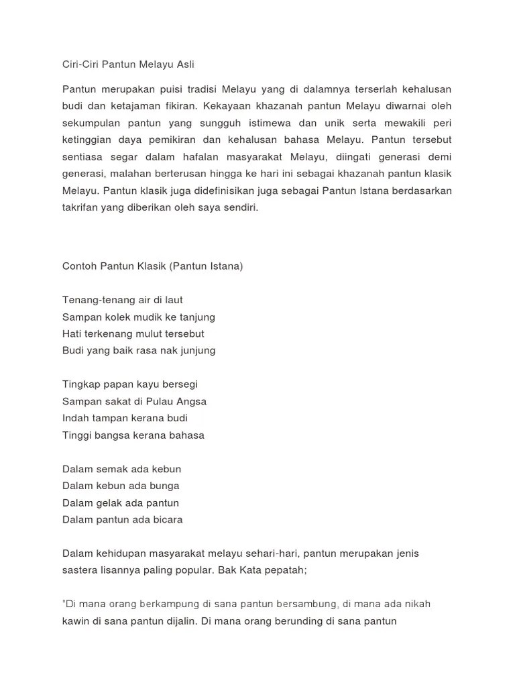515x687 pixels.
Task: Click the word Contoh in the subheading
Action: click(78, 266)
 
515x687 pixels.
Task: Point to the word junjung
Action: click(195, 350)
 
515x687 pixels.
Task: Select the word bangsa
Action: click(111, 435)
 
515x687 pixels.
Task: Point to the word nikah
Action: click(416, 604)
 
